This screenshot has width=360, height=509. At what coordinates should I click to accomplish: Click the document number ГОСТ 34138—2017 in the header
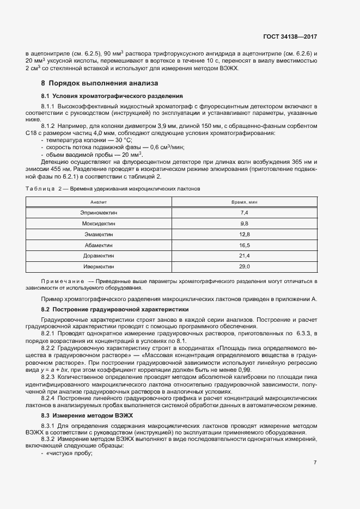[x=289, y=37]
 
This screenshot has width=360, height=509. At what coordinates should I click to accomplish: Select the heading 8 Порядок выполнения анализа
[x=100, y=84]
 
